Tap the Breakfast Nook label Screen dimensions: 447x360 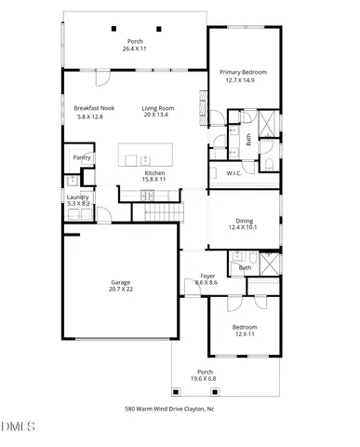tap(94, 108)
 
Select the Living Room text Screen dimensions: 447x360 tap(159, 108)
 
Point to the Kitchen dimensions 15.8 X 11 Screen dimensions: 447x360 tap(154, 181)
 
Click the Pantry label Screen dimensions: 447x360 tap(82, 157)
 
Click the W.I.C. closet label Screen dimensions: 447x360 tap(234, 173)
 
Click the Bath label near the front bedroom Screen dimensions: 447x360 tap(245, 268)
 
